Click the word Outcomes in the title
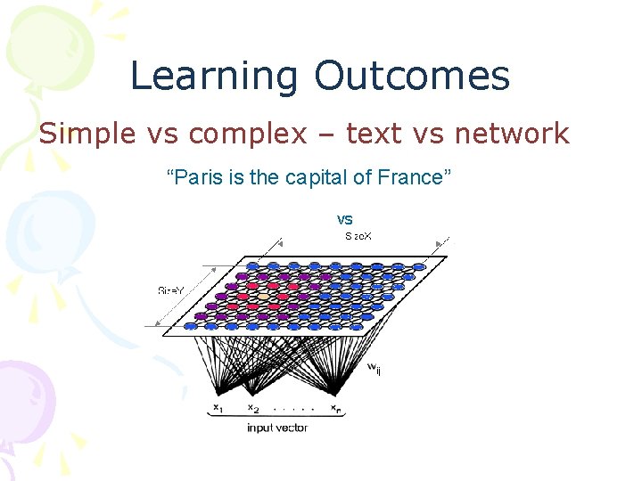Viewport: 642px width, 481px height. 411,77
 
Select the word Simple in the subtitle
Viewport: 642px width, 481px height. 86,134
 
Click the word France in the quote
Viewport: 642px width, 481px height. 414,177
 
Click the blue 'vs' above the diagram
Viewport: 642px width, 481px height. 344,218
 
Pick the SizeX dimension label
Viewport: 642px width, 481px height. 359,236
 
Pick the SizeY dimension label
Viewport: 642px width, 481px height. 171,290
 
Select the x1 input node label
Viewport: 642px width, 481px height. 217,408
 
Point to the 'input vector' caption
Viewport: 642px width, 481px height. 277,428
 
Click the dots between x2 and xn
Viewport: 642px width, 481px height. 293,410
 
